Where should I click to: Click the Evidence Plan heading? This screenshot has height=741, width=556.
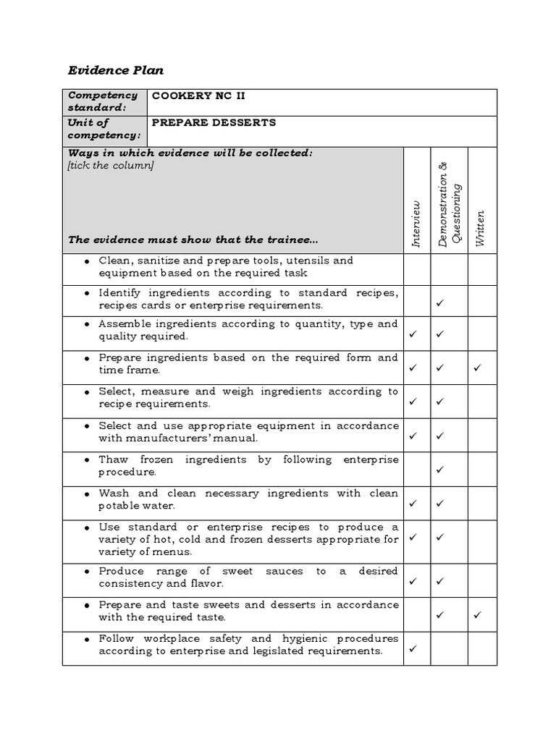pos(116,70)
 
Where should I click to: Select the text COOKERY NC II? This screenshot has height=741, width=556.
pos(194,96)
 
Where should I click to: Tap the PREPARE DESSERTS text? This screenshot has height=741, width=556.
pos(214,122)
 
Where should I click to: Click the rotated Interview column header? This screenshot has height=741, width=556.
pos(416,224)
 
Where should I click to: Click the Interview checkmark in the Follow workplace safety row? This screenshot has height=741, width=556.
pos(413,649)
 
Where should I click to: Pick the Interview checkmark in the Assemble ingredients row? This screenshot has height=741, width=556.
pos(413,334)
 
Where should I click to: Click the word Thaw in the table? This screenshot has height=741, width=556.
pos(112,460)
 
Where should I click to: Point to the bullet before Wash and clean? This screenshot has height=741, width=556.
pos(87,494)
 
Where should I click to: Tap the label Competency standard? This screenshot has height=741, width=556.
pos(103,102)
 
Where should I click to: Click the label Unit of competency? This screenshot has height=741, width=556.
pos(103,129)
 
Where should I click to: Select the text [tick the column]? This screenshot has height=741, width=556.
pos(111,165)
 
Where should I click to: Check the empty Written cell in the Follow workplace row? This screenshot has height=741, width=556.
pos(482,648)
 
